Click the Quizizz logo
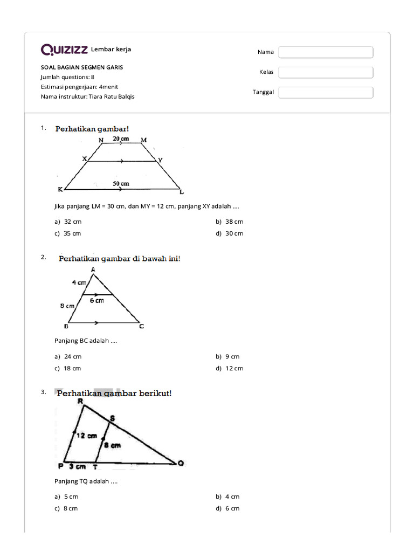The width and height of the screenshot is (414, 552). point(65,50)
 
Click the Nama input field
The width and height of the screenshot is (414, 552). point(326,52)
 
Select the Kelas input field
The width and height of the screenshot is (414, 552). point(326,72)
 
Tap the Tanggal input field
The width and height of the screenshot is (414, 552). point(326,92)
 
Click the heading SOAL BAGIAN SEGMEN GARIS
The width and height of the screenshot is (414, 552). point(82,67)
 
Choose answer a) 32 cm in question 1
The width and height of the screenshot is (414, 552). point(68,222)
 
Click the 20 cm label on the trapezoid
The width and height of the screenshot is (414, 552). point(121,139)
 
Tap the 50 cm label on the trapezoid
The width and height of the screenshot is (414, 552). point(121,184)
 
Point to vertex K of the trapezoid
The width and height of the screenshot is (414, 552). point(60,190)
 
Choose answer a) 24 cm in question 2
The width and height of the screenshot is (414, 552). point(68,356)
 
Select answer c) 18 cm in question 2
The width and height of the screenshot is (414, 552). point(68,368)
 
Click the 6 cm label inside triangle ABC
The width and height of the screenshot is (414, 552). point(97,301)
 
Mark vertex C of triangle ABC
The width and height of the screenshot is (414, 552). point(141,326)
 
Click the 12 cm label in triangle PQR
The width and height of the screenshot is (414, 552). point(86,435)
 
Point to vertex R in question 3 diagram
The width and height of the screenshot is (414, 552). point(80,401)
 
